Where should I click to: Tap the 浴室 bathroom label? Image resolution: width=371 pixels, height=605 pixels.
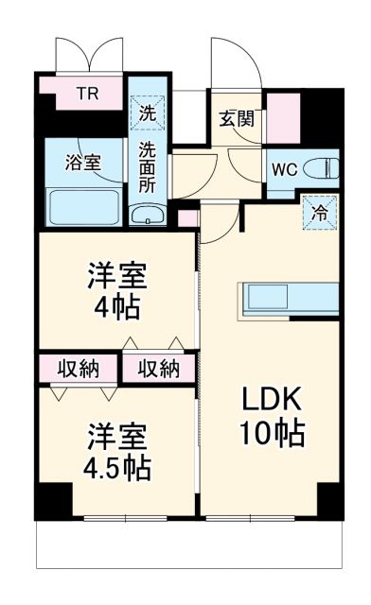pos(83,161)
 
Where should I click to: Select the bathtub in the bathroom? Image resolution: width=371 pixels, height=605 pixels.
pos(83,205)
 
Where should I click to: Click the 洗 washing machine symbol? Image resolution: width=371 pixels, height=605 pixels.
pos(149,112)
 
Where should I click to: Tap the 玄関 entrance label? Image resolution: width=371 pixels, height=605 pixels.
pos(237,119)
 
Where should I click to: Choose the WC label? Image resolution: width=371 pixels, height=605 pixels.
pos(285,171)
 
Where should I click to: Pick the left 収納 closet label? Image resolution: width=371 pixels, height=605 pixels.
pos(77,368)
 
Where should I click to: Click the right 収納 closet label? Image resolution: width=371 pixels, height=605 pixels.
pos(158,368)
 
